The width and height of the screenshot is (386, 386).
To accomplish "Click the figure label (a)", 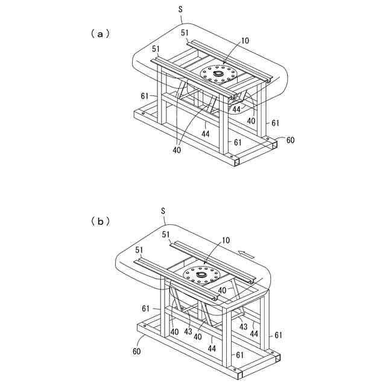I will pos(100,34).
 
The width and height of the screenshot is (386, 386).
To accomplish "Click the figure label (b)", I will pos(100,221).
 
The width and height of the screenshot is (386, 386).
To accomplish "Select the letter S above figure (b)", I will pos(163,210).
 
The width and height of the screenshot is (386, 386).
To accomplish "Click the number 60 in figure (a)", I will pos(290,140).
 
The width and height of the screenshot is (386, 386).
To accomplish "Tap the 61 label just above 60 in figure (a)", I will pos(275,123).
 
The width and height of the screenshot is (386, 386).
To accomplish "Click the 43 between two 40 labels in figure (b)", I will pos(188,331).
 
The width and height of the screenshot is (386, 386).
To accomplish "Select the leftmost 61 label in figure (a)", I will pos(145,96).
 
